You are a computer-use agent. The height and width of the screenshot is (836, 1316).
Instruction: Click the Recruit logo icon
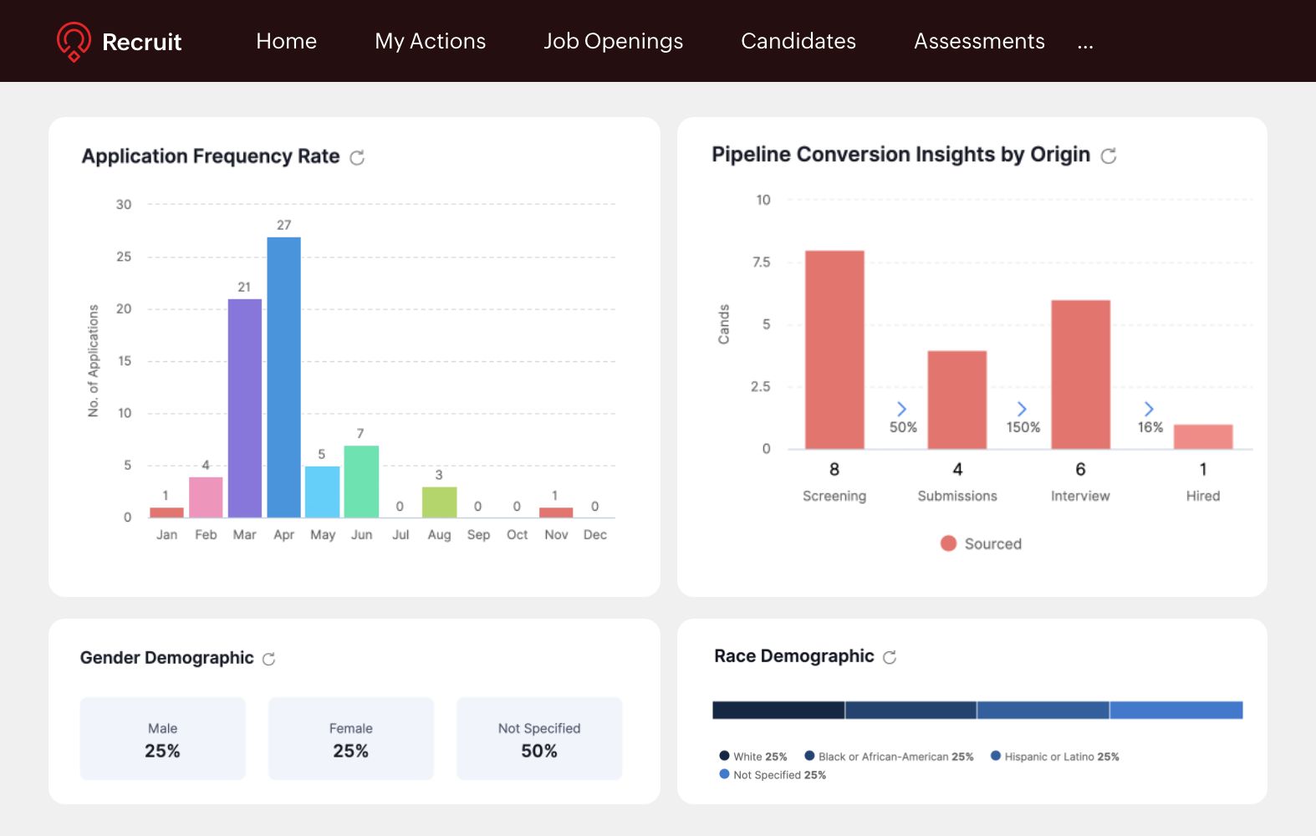tap(74, 41)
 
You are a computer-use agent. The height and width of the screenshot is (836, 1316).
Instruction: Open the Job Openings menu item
tap(613, 41)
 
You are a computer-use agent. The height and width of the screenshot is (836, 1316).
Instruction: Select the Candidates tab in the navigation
tap(798, 41)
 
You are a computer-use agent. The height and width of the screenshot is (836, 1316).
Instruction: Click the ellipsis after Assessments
tap(1085, 43)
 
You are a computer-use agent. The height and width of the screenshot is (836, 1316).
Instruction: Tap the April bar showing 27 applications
tap(284, 376)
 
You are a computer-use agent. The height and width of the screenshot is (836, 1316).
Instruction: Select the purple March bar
tap(245, 408)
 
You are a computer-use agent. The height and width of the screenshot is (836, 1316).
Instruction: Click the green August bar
tap(439, 502)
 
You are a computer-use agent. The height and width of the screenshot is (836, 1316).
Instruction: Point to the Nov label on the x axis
tap(556, 534)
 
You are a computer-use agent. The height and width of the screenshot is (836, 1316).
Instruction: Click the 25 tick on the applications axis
tap(124, 257)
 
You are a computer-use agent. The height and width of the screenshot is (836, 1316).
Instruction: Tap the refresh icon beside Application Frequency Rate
tap(357, 157)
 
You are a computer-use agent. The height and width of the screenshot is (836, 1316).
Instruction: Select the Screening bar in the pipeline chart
tap(834, 349)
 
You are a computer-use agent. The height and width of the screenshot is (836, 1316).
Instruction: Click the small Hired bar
tap(1203, 436)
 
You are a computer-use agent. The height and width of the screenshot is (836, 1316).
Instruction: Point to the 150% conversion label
tap(1023, 427)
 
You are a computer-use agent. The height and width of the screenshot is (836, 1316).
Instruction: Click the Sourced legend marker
tap(948, 543)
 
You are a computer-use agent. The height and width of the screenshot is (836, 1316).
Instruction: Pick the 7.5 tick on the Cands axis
tap(761, 263)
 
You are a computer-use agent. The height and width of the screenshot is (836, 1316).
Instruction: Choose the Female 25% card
tap(351, 739)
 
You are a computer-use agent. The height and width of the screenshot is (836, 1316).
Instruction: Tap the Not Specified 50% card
tap(539, 739)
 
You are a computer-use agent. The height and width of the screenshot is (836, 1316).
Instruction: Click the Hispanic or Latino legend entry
tap(1055, 757)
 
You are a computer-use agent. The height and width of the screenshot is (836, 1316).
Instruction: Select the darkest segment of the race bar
tap(778, 710)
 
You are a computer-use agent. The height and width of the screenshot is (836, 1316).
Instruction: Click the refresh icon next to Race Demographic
tap(890, 657)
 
